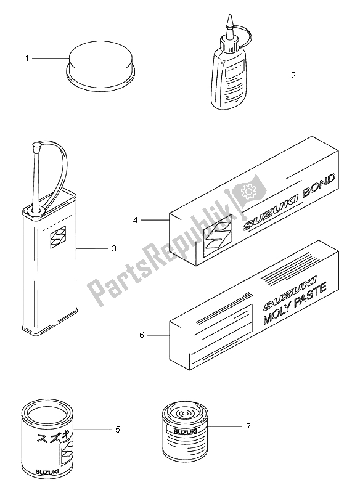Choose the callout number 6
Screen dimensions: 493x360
tap(142, 335)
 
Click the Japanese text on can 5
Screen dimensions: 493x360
tap(51, 441)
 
